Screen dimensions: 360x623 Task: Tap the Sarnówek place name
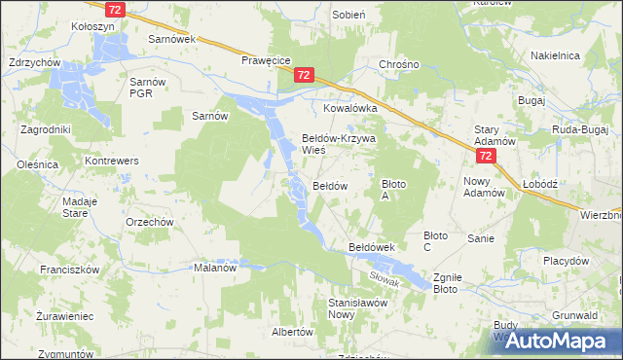click(171, 39)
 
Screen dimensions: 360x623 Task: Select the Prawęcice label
click(267, 59)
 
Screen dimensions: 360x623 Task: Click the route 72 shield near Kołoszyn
click(116, 9)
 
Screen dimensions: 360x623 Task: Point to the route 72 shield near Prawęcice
click(304, 75)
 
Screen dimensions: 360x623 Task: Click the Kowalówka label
click(349, 110)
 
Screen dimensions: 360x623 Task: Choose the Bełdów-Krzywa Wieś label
click(338, 144)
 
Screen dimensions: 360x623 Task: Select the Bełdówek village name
click(371, 248)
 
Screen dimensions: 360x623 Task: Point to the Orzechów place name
click(150, 221)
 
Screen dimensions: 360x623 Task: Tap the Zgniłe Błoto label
click(447, 282)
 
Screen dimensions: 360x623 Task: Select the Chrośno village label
click(398, 65)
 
